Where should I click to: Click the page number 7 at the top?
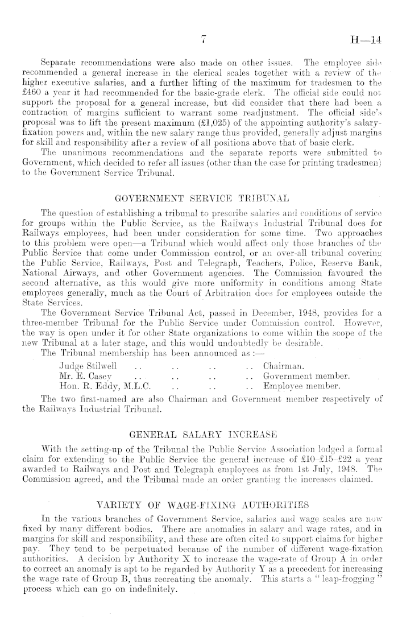(202, 40)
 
